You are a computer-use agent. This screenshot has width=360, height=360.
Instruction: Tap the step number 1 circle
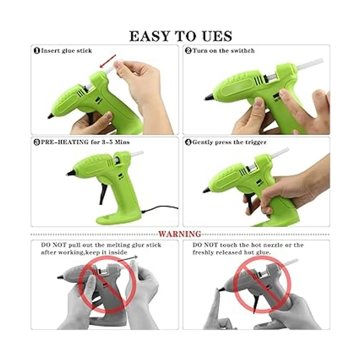(37, 51)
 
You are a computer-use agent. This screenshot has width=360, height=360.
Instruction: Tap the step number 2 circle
(188, 51)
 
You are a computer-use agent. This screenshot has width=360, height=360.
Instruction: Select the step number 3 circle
(37, 142)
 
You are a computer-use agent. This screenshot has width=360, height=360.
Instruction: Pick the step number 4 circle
(188, 142)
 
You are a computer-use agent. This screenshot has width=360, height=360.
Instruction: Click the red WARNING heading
(180, 234)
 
